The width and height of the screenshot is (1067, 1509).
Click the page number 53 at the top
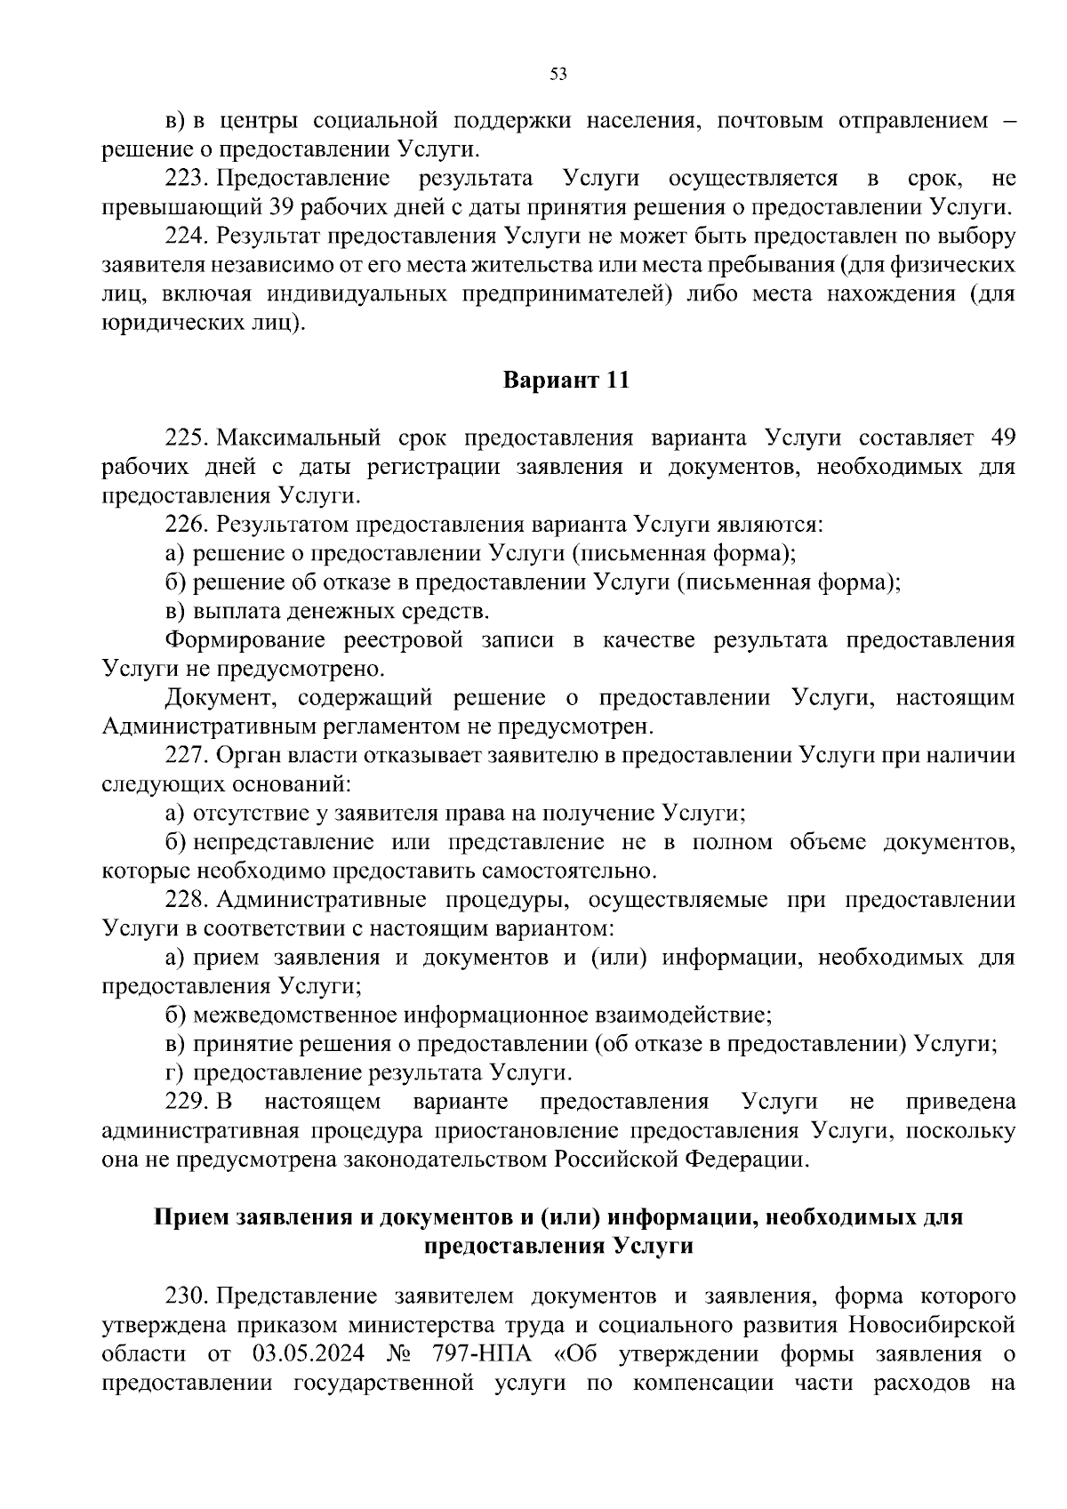coord(558,75)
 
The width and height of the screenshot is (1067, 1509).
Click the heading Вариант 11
coord(566,381)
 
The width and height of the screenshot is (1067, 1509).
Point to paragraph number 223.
coord(186,178)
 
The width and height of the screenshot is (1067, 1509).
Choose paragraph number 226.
coord(186,525)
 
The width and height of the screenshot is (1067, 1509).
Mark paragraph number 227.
coord(186,756)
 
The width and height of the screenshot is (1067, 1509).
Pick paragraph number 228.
coord(186,900)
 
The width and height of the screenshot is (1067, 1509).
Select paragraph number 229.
coord(186,1102)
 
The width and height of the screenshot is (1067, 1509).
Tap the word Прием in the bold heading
coord(189,1216)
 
